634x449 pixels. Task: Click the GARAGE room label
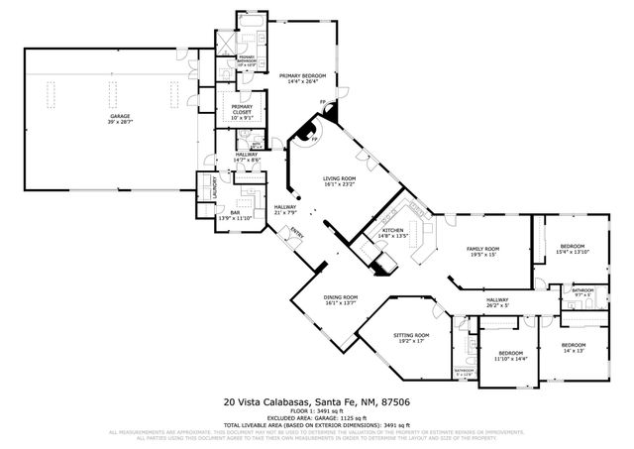coord(120,116)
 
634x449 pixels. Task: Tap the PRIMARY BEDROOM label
coord(302,75)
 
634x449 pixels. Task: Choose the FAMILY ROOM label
coord(484,249)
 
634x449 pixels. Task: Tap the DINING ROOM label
coord(340,298)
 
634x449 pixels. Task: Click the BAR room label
coord(236,211)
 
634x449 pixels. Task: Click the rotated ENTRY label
coord(294,234)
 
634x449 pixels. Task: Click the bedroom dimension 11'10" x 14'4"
coord(510,359)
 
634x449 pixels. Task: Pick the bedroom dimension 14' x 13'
coord(580,351)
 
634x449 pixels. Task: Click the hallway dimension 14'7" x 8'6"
coord(247,160)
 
